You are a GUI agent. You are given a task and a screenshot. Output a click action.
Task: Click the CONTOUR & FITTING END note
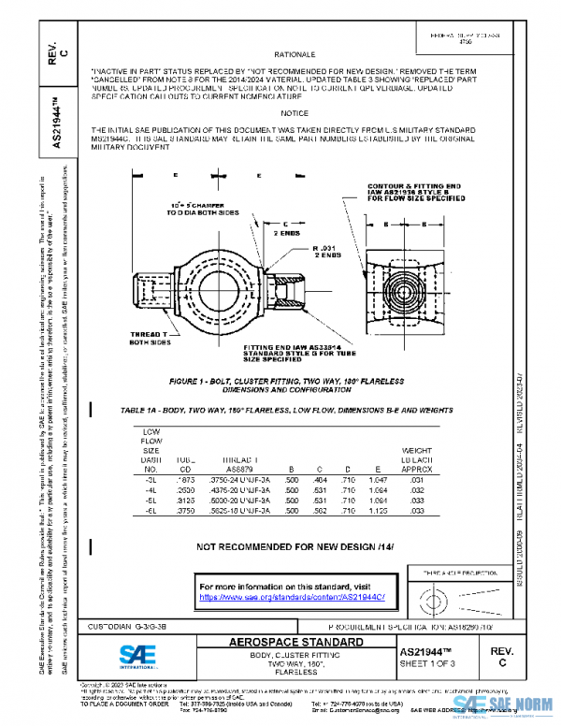click(x=414, y=193)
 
